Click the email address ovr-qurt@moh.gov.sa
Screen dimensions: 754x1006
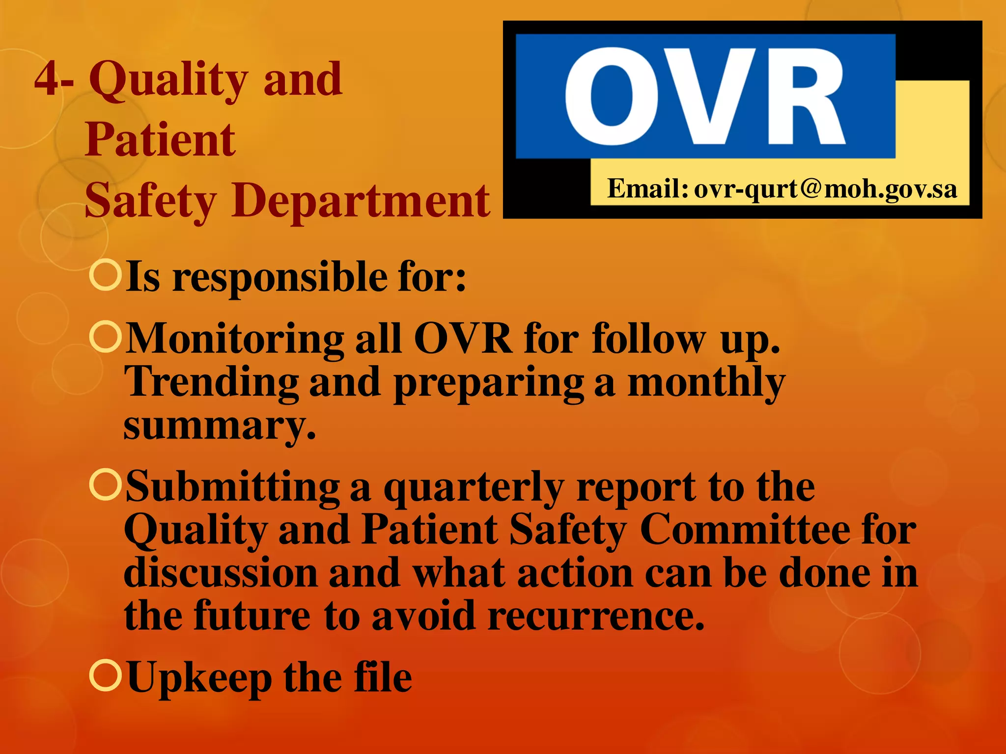(x=825, y=189)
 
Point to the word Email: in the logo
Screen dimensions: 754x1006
(x=647, y=188)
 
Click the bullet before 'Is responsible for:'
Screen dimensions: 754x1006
(x=106, y=275)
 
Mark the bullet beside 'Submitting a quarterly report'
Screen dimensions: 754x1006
(x=106, y=484)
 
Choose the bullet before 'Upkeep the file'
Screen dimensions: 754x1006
(x=106, y=675)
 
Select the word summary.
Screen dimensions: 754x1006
(x=219, y=426)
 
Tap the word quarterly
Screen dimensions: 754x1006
(x=474, y=488)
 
